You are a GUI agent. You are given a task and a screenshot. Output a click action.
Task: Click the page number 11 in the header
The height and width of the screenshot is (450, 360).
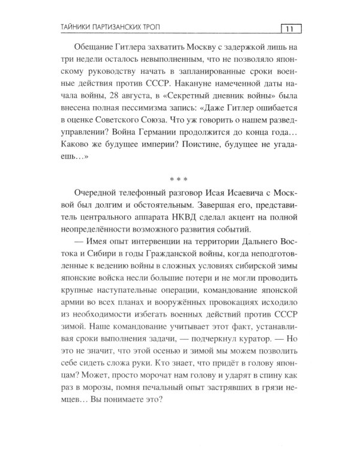click(x=290, y=29)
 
